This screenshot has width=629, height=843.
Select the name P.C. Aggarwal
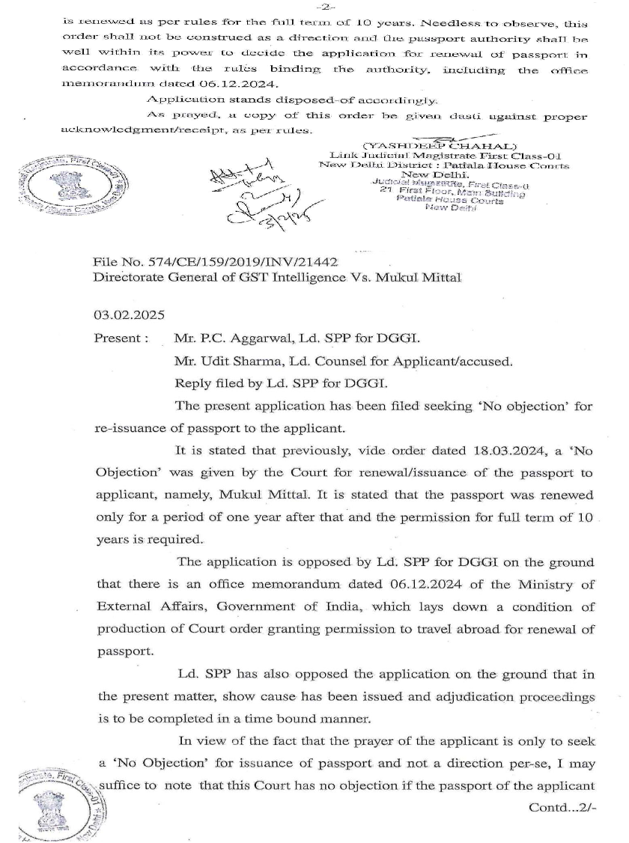click(x=234, y=339)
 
